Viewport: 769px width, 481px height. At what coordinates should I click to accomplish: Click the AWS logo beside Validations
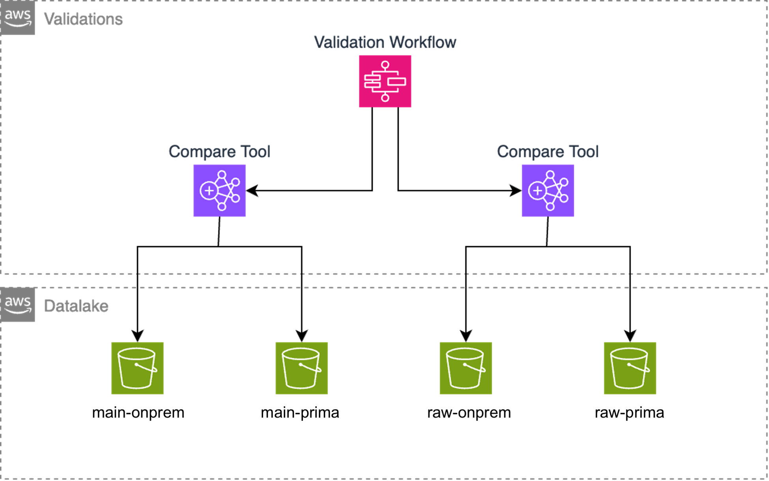[x=18, y=18]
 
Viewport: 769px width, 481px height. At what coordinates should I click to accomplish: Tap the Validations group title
[x=83, y=19]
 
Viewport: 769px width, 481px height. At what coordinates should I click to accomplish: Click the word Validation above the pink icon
[x=349, y=42]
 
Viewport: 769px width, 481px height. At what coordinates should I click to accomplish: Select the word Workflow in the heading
[x=423, y=42]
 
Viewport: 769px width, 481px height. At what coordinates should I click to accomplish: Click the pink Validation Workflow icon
[x=385, y=81]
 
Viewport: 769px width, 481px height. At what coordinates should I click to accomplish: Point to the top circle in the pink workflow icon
[x=385, y=65]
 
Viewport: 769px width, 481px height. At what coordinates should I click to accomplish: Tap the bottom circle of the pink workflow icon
[x=385, y=98]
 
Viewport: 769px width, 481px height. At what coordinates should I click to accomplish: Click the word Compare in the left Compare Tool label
[x=202, y=152]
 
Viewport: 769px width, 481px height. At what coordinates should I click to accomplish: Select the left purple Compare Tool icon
[x=219, y=191]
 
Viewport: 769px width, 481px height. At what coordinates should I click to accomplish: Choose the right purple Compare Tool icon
[x=548, y=191]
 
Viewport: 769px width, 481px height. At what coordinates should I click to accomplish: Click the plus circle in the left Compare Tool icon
[x=209, y=191]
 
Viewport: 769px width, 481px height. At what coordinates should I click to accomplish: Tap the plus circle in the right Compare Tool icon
[x=537, y=191]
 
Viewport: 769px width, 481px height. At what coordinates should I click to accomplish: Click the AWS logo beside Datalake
[x=18, y=305]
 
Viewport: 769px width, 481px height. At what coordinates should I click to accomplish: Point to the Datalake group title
[x=76, y=306]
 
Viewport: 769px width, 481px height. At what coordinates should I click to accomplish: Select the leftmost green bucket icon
[x=137, y=368]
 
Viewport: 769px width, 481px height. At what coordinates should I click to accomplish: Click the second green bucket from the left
[x=301, y=368]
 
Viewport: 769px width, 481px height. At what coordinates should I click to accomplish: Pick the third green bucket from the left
[x=465, y=368]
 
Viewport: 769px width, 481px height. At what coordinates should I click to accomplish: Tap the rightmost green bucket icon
[x=630, y=368]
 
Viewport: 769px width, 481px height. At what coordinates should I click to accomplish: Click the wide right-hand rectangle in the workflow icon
[x=396, y=82]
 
